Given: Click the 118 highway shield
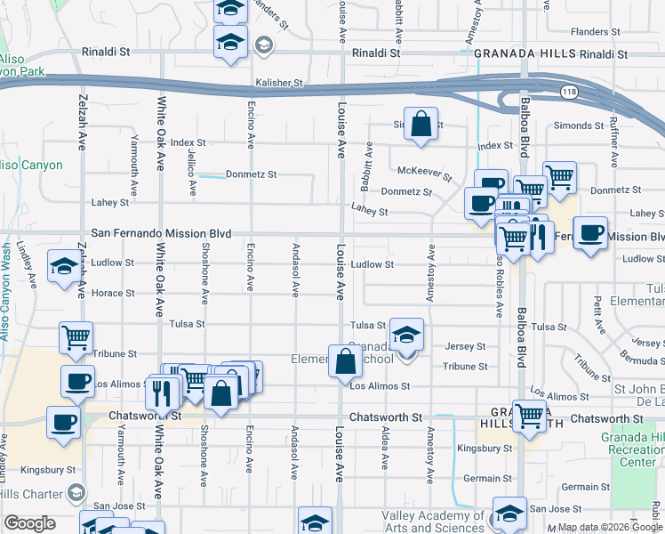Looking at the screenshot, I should tap(566, 92).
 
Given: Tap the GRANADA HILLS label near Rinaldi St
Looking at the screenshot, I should tap(524, 53).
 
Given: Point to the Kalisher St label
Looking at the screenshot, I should tap(280, 83).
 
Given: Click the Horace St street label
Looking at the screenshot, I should tap(113, 293).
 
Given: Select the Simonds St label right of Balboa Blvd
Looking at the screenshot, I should tap(602, 125).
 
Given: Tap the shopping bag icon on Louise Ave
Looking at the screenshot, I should tap(344, 361).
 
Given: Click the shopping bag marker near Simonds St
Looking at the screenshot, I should tap(422, 125).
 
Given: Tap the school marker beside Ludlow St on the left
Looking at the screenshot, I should tap(64, 267).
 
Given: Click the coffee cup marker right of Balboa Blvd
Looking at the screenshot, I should tap(589, 234).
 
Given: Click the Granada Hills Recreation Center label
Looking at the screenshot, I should tap(626, 449).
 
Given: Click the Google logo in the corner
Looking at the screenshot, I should tap(29, 523).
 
